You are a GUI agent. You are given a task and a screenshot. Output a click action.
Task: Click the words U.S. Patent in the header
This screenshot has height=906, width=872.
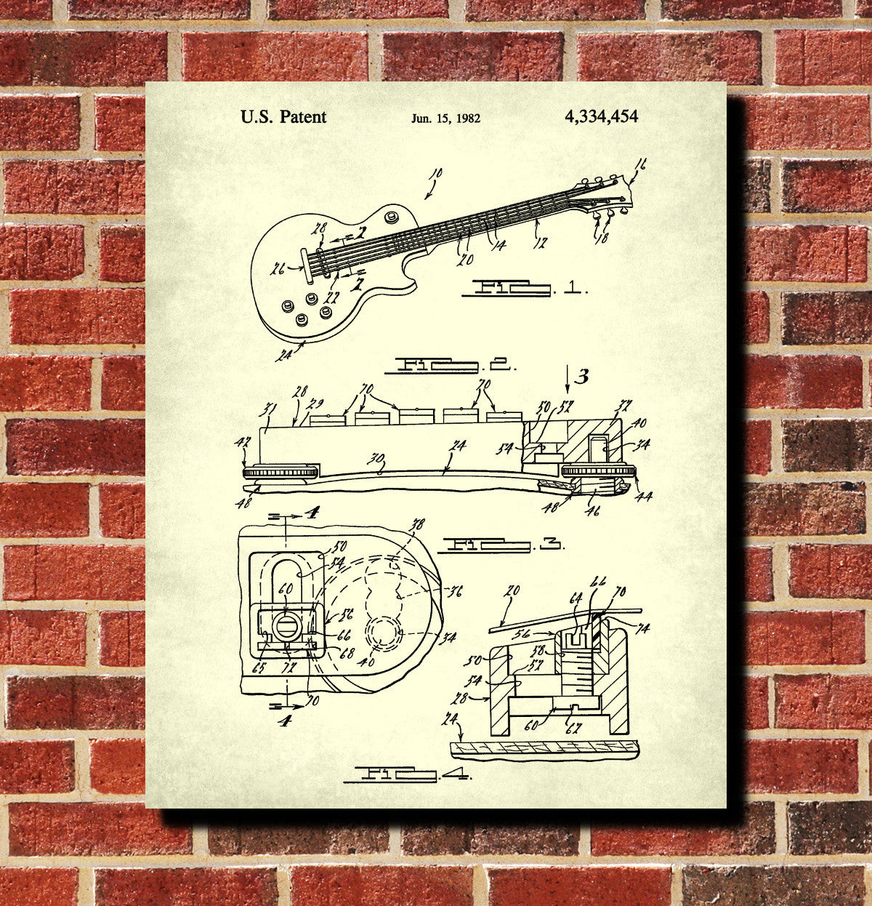[283, 117]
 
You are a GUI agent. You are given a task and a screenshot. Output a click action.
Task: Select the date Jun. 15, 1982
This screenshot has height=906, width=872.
[445, 119]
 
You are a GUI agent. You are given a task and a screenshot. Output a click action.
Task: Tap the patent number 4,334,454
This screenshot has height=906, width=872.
[601, 116]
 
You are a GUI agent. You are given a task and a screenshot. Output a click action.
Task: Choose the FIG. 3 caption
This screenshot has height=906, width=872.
[502, 543]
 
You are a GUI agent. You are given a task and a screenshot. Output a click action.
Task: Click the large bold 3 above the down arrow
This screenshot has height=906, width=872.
[581, 376]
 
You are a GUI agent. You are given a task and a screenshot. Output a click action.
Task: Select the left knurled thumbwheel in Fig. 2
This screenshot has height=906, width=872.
[280, 473]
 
